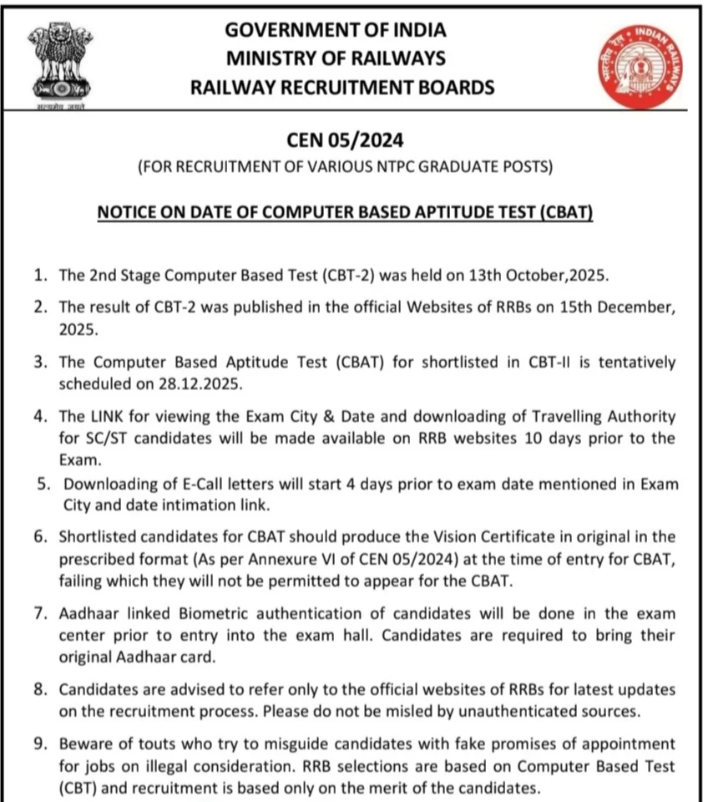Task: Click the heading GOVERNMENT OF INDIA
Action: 336,30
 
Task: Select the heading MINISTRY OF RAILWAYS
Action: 336,58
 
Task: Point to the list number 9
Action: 41,744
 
